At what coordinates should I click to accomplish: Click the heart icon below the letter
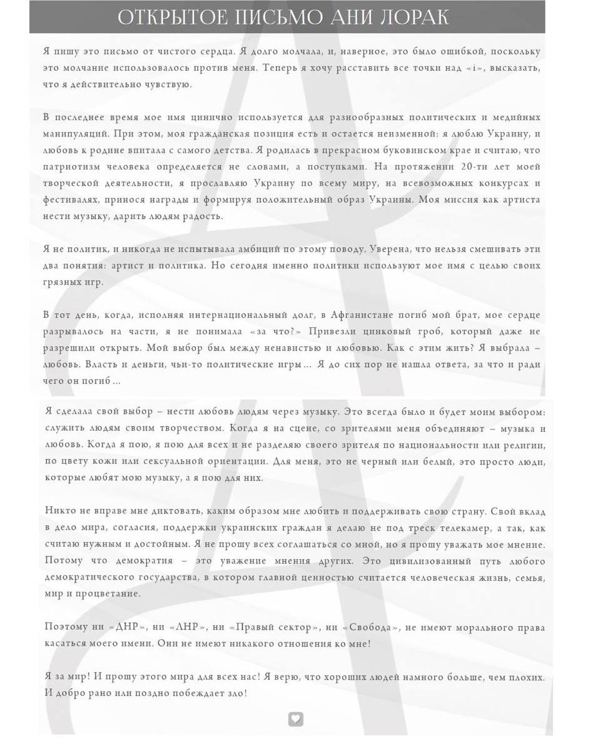[x=296, y=719]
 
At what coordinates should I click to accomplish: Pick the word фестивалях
[x=71, y=200]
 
